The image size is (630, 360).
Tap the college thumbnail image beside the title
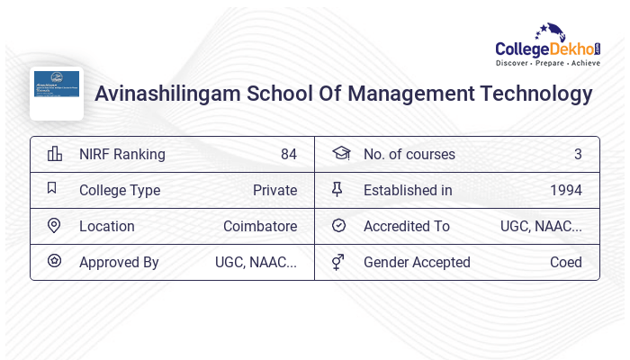(57, 92)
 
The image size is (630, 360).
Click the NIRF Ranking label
(121, 154)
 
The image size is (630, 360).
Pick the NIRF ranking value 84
(288, 154)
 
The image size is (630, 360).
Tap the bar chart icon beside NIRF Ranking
(55, 154)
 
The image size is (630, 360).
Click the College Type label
(120, 190)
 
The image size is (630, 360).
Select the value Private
(274, 190)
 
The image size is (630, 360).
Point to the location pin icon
(54, 226)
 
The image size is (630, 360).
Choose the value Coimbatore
(260, 226)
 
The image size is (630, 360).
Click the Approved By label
(119, 262)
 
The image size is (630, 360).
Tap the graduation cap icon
(340, 154)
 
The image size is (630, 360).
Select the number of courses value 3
(578, 154)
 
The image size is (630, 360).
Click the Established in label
(408, 190)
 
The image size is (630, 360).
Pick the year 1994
(565, 190)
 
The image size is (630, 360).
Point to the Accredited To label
(406, 226)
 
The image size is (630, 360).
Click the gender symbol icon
(338, 262)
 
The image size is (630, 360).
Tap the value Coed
(565, 262)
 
